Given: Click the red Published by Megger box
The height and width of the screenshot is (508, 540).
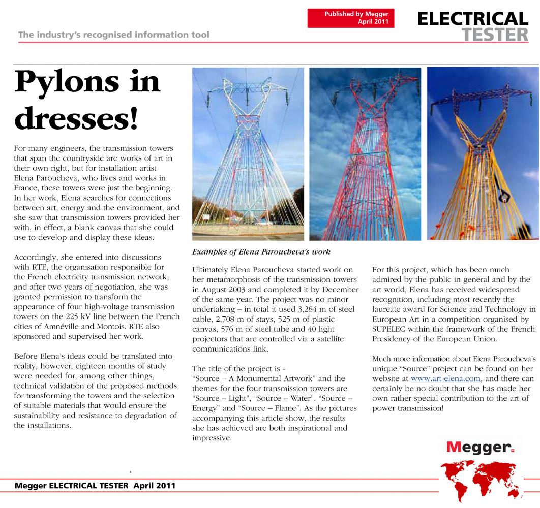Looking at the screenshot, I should click(351, 18).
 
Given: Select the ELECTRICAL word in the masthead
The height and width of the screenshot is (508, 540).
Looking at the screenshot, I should click(472, 19).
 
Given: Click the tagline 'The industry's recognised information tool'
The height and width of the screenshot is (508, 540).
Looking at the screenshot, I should click(113, 35).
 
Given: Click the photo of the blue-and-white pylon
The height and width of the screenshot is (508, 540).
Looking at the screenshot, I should click(248, 153).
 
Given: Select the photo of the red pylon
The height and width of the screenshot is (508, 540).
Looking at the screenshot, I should click(366, 153).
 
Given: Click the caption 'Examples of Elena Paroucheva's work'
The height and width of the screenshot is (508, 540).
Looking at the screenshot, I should click(261, 252).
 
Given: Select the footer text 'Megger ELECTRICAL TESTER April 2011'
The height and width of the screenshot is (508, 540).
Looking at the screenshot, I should click(95, 486).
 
